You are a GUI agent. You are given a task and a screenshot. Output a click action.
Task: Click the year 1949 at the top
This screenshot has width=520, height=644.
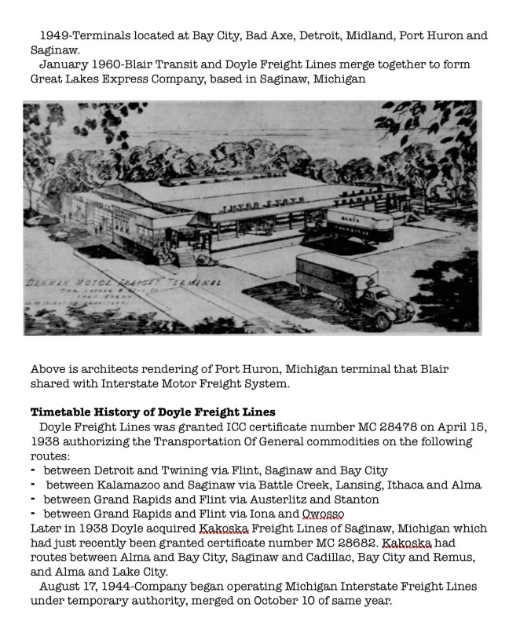click(56, 36)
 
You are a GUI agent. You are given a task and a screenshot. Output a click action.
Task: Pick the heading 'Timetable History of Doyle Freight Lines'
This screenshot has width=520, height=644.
click(153, 412)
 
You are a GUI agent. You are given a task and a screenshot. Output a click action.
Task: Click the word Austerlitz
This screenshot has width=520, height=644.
click(278, 499)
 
